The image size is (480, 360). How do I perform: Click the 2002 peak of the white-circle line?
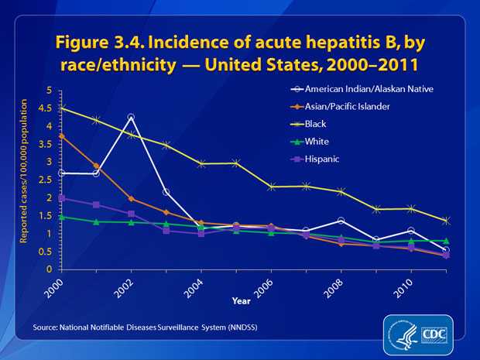(x=131, y=118)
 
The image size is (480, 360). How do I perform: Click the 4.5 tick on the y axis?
(x=46, y=108)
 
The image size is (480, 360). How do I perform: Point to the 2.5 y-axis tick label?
(x=46, y=180)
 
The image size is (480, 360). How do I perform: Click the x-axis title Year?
(x=240, y=300)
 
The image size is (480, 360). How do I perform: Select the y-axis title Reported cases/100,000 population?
(x=23, y=180)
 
